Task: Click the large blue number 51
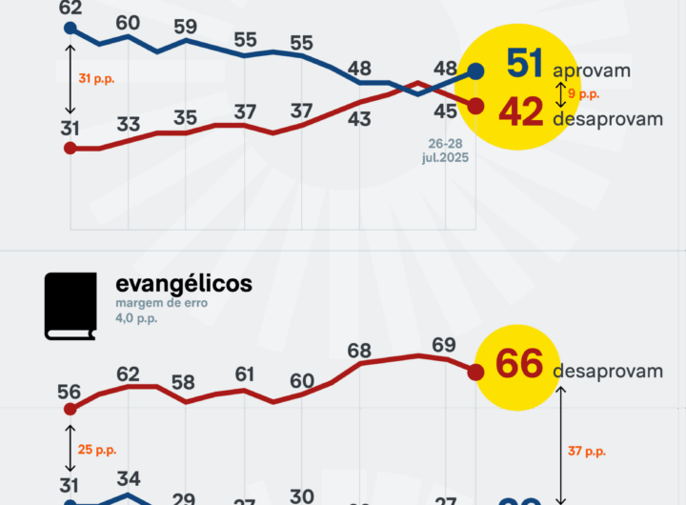click(x=525, y=65)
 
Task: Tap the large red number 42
click(x=521, y=112)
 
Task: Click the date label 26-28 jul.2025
click(x=447, y=150)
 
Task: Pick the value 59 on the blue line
click(x=186, y=26)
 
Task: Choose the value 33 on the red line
click(x=129, y=124)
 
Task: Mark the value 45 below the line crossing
click(x=445, y=111)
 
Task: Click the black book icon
click(x=71, y=306)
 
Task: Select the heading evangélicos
click(x=184, y=284)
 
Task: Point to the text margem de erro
click(x=161, y=303)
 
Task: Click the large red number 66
click(x=519, y=364)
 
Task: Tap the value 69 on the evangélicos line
click(x=444, y=344)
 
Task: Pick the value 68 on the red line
click(x=359, y=351)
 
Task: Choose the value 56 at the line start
click(x=69, y=392)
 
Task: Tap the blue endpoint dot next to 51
click(x=475, y=71)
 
